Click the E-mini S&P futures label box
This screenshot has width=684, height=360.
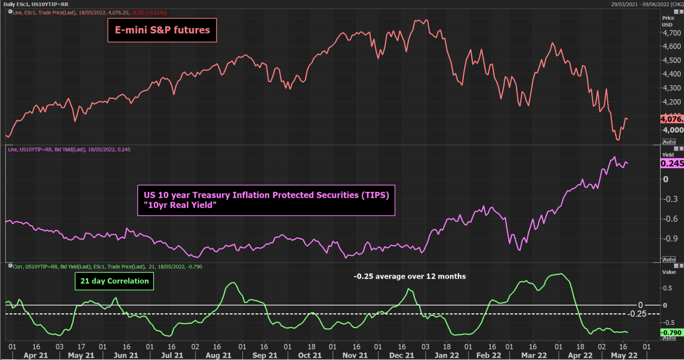pos(162,30)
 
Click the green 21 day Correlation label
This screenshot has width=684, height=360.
pos(114,281)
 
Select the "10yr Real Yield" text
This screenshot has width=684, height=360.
pos(180,205)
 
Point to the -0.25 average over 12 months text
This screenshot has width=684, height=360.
pos(410,276)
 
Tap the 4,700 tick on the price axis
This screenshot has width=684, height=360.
pos(671,33)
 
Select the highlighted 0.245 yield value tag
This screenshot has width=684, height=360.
pos(672,164)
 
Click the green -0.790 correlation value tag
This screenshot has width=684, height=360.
pos(672,333)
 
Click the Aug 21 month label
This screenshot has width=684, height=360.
pos(219,355)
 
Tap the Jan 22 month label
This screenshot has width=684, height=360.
pos(447,355)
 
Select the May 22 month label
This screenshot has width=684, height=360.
pos(624,355)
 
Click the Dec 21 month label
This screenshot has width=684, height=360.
pos(402,355)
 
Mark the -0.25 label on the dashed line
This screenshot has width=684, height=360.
pos(637,314)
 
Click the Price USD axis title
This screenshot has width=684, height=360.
pos(668,21)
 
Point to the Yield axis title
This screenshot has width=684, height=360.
pos(668,155)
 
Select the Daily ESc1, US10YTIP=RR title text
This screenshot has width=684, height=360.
pos(36,4)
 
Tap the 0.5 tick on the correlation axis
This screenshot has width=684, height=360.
pos(668,288)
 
